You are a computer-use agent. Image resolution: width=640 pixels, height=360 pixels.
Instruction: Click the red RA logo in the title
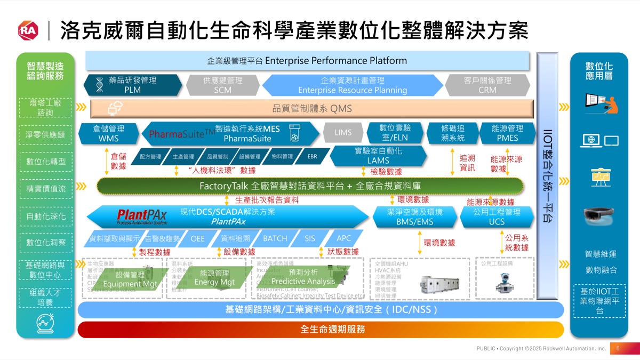[28, 30]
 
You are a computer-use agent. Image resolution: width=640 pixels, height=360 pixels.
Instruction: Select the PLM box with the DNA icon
[132, 85]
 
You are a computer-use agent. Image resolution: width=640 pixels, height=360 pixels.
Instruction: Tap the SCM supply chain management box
[222, 85]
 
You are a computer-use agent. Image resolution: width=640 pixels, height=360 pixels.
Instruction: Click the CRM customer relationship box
[487, 85]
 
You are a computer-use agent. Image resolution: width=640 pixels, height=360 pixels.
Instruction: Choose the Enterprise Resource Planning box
[352, 85]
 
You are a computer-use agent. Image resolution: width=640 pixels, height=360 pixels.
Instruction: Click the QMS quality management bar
[312, 109]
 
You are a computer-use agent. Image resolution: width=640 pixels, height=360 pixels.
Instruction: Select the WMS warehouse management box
[108, 133]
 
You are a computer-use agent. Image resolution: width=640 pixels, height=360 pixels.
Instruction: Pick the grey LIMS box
[343, 133]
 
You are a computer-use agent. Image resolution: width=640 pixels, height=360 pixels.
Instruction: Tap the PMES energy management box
[507, 133]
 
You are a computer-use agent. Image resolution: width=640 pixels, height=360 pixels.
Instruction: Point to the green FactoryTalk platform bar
[310, 186]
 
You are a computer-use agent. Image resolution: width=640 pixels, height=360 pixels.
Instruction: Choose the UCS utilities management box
[497, 217]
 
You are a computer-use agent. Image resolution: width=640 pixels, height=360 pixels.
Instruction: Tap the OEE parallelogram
[197, 238]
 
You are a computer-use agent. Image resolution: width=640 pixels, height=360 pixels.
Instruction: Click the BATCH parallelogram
[275, 238]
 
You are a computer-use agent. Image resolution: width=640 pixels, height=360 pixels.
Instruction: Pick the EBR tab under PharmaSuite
[312, 157]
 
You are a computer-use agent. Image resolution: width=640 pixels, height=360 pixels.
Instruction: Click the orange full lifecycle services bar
[320, 330]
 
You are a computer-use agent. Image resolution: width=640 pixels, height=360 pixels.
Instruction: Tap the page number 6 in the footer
[617, 348]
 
